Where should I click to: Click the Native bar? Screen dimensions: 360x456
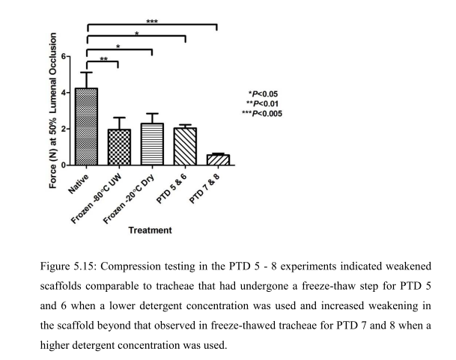87,126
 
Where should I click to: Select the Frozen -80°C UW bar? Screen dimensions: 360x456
119,147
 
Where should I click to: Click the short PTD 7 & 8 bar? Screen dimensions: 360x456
217,159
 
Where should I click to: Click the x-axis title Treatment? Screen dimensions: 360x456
150,230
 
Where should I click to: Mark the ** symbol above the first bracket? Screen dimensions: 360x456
103,58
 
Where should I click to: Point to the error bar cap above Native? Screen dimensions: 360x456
87,73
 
